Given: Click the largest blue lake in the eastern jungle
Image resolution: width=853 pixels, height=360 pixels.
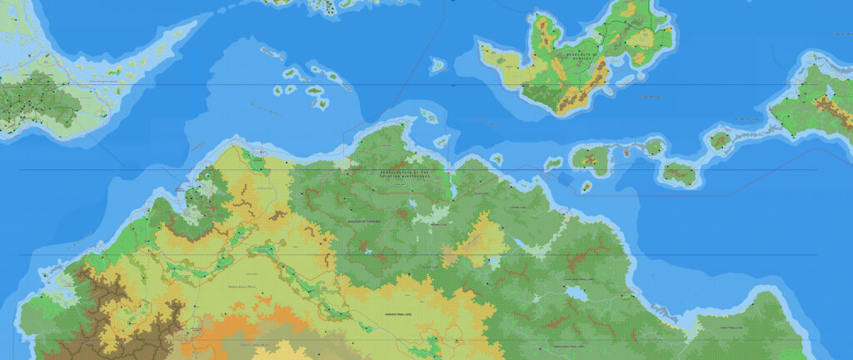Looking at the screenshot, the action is pyautogui.click(x=574, y=292).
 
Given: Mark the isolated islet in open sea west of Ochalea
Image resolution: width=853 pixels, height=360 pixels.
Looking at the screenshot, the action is pyautogui.click(x=437, y=62).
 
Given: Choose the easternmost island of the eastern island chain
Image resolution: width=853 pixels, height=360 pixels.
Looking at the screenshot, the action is pyautogui.click(x=720, y=139).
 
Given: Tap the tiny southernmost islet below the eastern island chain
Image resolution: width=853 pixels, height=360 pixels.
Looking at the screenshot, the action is pyautogui.click(x=585, y=189).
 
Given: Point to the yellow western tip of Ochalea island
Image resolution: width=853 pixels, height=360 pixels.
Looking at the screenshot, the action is pyautogui.click(x=492, y=57).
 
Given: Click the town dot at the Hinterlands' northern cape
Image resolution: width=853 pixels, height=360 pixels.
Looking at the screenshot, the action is pyautogui.click(x=402, y=125).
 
